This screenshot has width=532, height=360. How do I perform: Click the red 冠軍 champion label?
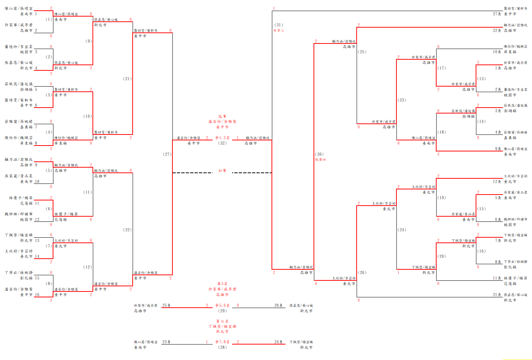pos(222,116)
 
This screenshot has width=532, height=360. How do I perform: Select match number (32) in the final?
pos(222,143)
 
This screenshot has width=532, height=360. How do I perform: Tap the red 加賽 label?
pos(222,171)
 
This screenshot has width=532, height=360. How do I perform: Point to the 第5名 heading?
pos(222,284)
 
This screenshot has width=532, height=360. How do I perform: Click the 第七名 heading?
pos(222,321)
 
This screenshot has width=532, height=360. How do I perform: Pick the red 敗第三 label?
pos(279,30)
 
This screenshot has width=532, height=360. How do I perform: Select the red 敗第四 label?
pos(320,160)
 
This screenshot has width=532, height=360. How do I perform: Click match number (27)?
pos(167,154)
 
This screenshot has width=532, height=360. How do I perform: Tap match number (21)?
pos(127,78)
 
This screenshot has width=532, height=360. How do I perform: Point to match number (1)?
pos(49,19)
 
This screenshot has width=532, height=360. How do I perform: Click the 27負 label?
pos(497,14)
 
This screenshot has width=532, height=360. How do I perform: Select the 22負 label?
pos(497,31)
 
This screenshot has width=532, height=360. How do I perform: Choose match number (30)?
pos(319,154)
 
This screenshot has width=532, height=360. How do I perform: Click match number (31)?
pos(279,25)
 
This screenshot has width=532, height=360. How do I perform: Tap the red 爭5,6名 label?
pos(222,305)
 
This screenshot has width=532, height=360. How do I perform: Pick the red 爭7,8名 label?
pos(222,342)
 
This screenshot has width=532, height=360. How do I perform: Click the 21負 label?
pos(497,295)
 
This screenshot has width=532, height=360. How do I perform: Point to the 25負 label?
pos(166,305)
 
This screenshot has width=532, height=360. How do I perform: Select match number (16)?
pos(481,251)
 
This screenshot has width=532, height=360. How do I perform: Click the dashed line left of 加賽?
pos(192,172)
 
